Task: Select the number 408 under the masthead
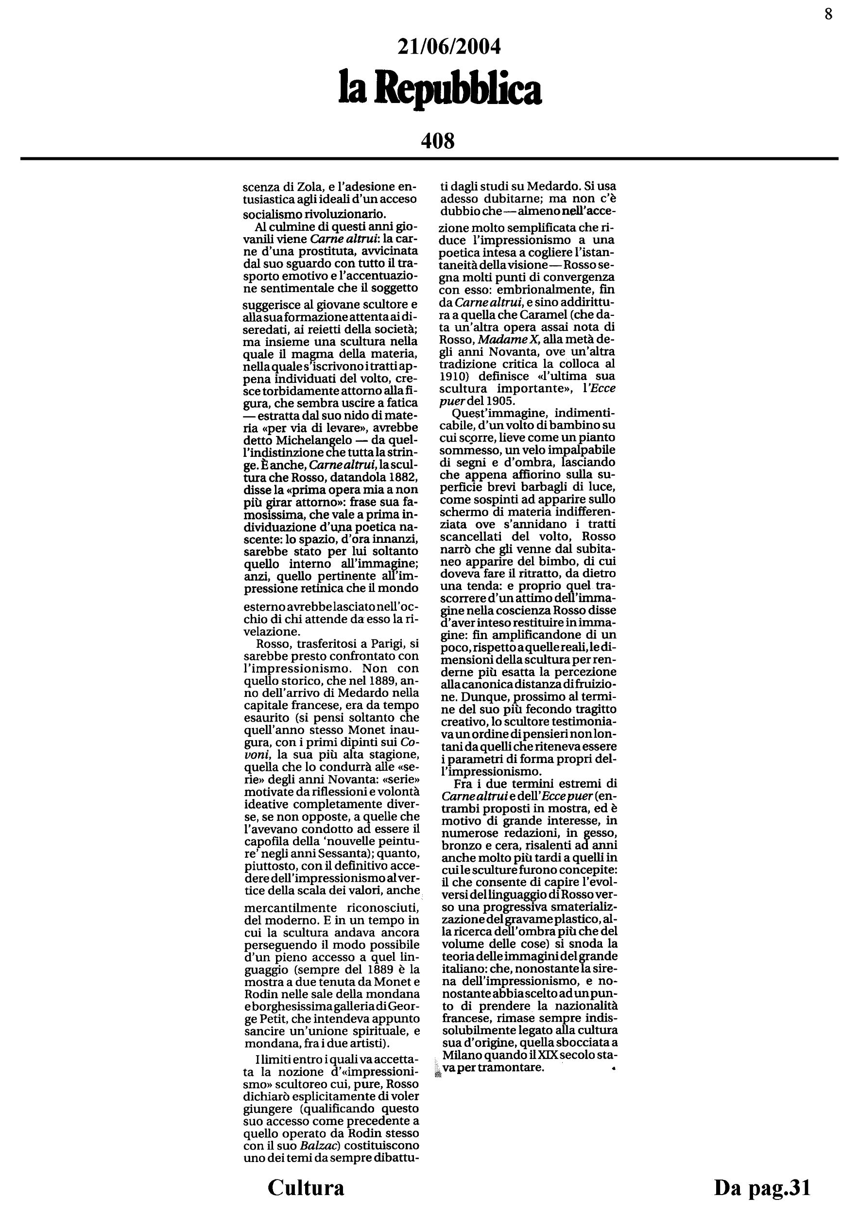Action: (437, 141)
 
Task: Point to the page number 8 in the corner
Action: (828, 14)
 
